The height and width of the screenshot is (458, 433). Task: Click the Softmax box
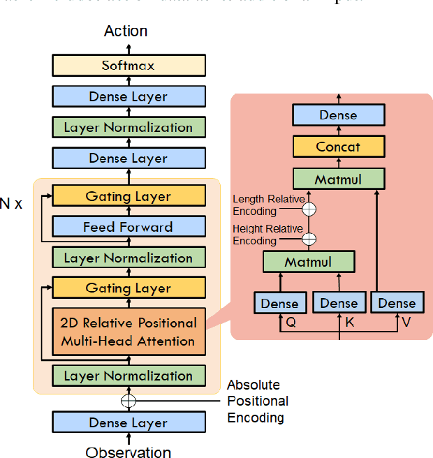point(129,66)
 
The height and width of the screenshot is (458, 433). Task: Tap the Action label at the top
point(126,31)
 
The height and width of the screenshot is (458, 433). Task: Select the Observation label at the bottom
point(129,450)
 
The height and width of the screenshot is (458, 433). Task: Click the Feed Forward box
point(129,227)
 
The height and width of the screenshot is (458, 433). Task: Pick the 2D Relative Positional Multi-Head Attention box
point(129,332)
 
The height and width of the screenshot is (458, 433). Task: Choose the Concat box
point(338,147)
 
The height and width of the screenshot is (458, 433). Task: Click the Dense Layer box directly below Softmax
point(129,96)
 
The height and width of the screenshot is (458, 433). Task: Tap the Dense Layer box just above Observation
point(129,422)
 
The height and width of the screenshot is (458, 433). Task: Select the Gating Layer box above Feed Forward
point(129,196)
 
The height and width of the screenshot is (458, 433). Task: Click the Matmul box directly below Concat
point(338,179)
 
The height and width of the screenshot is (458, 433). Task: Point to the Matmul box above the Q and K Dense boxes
point(308,263)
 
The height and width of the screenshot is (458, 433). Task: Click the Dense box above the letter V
point(397,303)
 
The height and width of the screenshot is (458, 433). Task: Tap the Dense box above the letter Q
point(279,303)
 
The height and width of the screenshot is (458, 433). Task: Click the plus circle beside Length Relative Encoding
point(308,208)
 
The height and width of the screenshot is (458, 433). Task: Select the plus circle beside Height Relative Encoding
point(308,238)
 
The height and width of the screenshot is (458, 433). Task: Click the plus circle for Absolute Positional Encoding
point(129,401)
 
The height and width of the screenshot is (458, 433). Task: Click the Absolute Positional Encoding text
point(257,401)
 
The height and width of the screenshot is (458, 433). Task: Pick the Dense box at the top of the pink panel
point(338,115)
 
